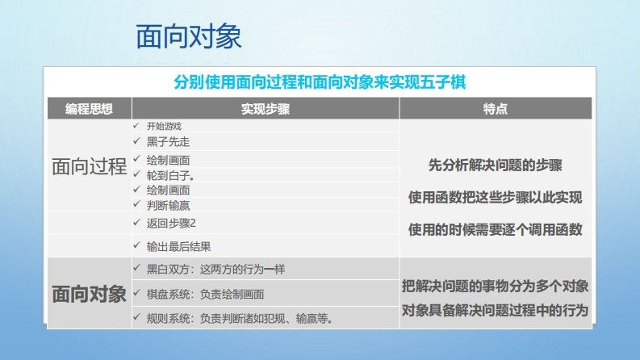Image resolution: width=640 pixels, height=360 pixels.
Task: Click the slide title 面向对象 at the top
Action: (189, 36)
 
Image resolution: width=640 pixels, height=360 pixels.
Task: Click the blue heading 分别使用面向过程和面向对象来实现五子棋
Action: (320, 82)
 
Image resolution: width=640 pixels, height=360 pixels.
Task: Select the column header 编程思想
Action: (89, 109)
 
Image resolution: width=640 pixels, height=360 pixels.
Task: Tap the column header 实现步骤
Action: (266, 109)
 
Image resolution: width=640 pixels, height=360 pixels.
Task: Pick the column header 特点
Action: (495, 109)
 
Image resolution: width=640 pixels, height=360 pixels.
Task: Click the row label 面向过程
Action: (89, 166)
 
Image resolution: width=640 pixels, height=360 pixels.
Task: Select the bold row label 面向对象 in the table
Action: (89, 294)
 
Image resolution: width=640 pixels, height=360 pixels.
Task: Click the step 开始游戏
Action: (164, 126)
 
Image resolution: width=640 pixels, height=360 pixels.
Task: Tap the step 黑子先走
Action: (168, 141)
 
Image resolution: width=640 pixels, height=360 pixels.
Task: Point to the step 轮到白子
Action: (170, 175)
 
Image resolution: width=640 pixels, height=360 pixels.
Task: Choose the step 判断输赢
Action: (168, 205)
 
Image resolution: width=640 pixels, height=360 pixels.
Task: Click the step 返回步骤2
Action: (171, 224)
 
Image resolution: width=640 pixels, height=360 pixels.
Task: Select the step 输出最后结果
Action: (179, 246)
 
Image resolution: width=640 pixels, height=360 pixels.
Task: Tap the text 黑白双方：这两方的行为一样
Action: (215, 270)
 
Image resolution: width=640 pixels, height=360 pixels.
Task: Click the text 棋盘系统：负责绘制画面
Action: (205, 295)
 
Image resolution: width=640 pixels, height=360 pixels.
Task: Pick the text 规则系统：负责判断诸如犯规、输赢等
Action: (240, 318)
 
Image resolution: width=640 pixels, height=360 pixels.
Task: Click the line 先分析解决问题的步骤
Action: (495, 165)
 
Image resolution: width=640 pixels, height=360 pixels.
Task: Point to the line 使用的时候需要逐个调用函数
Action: (495, 230)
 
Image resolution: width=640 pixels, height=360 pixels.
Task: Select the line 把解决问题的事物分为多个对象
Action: (495, 286)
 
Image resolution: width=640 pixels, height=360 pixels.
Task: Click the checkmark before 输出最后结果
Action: (136, 245)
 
